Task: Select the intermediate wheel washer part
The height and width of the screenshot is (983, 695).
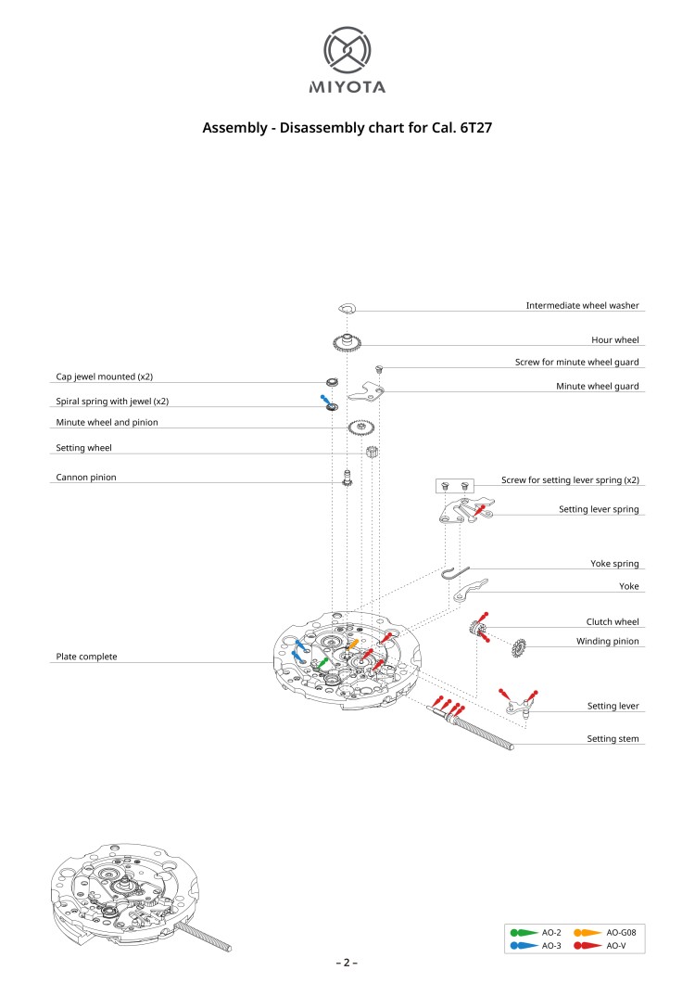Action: coord(347,307)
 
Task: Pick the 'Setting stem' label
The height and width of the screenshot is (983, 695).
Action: coord(613,739)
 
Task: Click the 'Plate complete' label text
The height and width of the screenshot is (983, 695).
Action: coord(83,656)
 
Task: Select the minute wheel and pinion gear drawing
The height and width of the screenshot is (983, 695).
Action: coord(361,428)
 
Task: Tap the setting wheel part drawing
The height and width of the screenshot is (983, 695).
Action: coord(373,453)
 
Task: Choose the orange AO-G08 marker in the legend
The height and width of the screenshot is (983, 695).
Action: coord(587,932)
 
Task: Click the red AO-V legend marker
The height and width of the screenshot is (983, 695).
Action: coord(587,945)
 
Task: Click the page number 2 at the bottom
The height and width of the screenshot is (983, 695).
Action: coord(347,963)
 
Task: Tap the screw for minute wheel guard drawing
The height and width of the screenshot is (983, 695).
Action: coord(379,369)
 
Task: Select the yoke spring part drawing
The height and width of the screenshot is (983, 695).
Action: coord(457,571)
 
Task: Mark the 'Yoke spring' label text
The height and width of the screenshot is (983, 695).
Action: coord(614,563)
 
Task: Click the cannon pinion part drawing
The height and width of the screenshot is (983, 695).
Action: coord(347,479)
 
